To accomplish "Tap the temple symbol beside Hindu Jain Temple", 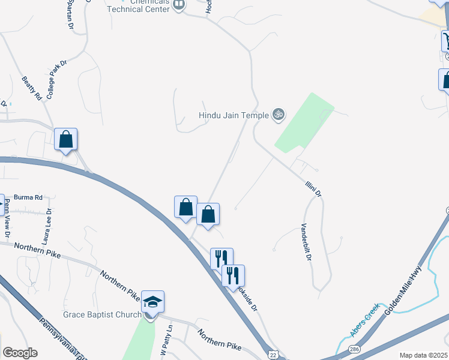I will point(278,114).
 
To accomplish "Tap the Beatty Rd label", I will point(32,88).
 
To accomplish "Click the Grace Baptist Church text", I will point(103,314).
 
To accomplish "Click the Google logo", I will point(20,353).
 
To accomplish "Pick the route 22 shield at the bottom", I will point(274,355).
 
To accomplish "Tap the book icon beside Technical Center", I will point(178,5).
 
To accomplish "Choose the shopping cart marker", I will point(446,41).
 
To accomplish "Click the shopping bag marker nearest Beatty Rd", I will point(66,140).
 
